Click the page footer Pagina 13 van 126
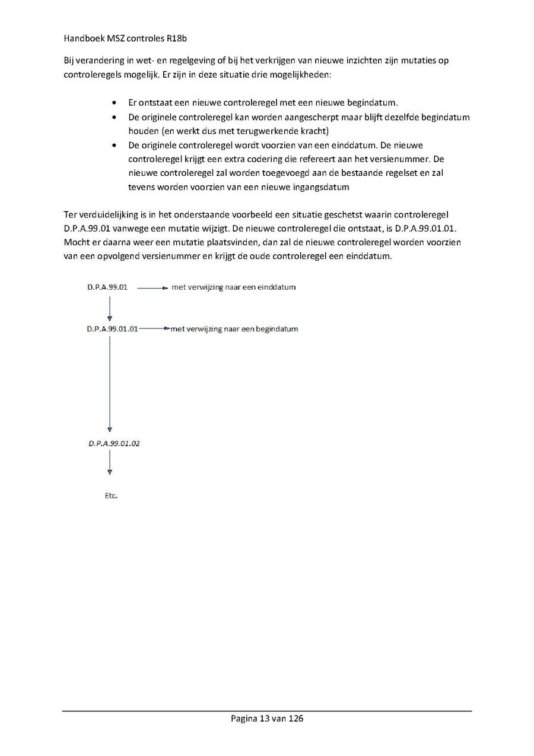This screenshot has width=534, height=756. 267,719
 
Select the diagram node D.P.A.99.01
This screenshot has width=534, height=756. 107,287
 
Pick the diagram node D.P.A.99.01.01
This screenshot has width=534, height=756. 112,328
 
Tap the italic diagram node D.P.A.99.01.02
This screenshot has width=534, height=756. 114,443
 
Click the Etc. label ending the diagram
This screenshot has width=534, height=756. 111,496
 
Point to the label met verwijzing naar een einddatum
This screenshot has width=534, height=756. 234,287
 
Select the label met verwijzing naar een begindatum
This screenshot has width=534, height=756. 234,328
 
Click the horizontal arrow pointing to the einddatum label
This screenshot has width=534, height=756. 153,288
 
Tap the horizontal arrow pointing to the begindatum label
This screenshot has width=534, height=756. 154,328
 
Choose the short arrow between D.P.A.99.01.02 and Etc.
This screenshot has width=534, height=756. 110,462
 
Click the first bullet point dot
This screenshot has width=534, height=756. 114,103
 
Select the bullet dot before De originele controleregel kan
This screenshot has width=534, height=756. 114,118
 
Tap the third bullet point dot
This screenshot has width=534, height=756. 114,145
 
